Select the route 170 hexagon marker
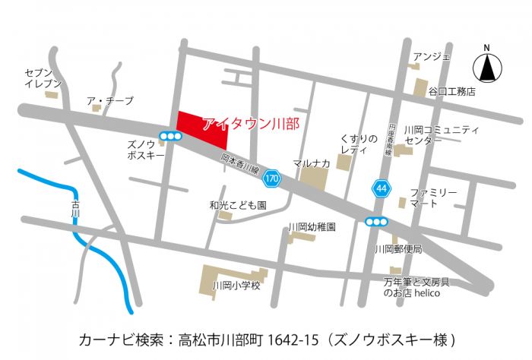[271, 180]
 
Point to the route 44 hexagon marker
[380, 187]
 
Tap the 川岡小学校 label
[236, 286]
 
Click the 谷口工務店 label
[451, 91]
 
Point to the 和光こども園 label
[238, 205]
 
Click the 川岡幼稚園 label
[312, 226]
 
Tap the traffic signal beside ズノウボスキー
[169, 137]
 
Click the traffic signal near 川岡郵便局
[376, 222]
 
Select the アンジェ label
[431, 56]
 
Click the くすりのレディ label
[359, 143]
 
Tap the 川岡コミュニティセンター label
[442, 134]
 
